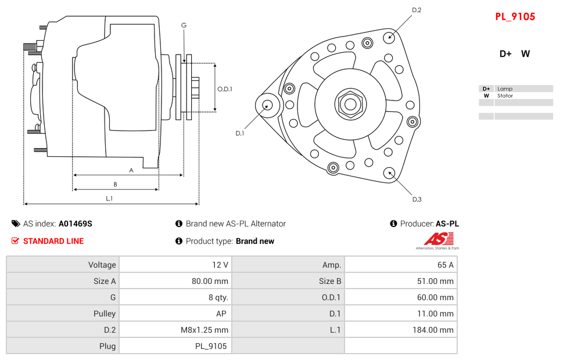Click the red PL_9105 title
tap(515, 17)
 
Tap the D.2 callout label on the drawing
tap(416, 10)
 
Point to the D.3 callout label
tap(416, 199)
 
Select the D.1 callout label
tap(239, 133)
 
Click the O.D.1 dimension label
tap(225, 89)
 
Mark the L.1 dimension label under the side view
tap(109, 199)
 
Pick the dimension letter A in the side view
tap(131, 170)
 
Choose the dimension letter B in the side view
tap(115, 185)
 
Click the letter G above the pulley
tap(184, 25)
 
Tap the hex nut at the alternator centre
tap(349, 105)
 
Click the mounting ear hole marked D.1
tap(267, 105)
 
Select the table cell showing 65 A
tap(400, 265)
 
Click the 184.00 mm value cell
tap(400, 330)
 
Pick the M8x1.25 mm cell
tap(175, 330)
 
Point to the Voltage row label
tap(63, 265)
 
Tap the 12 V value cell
tap(175, 265)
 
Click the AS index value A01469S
tap(75, 224)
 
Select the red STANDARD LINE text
tap(53, 241)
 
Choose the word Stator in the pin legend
tap(505, 96)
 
